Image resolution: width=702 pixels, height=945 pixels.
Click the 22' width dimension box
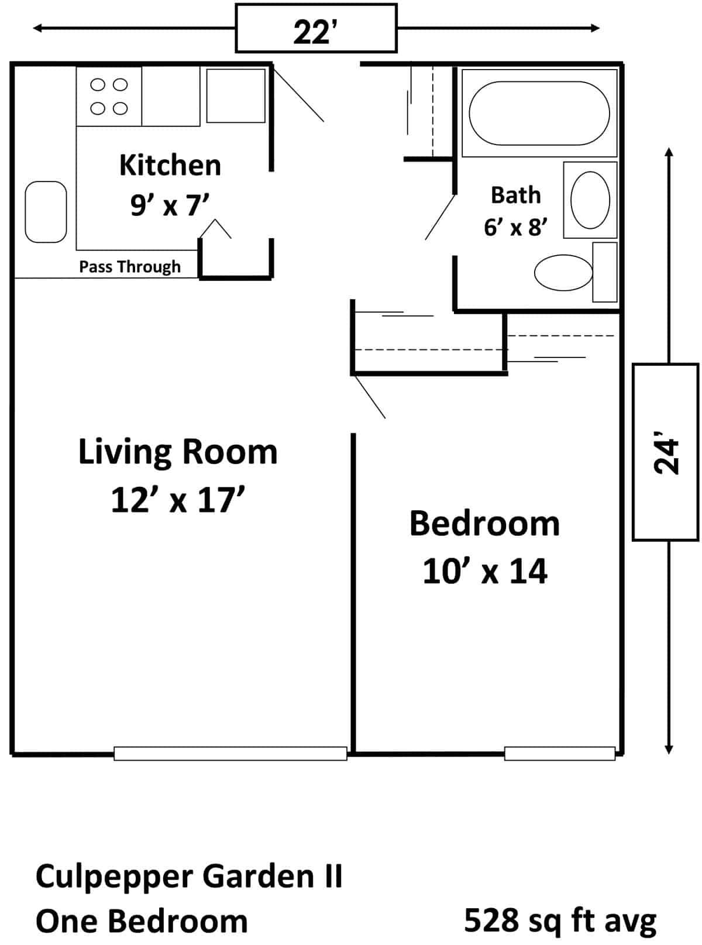[316, 28]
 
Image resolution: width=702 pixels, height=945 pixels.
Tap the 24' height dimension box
[666, 452]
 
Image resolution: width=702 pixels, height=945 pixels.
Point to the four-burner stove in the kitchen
[109, 97]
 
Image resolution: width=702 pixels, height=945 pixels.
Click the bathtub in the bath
[539, 114]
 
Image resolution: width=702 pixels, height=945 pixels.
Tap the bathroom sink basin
[590, 200]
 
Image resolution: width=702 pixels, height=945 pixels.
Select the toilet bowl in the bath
[563, 273]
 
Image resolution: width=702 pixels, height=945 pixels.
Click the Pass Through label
[130, 267]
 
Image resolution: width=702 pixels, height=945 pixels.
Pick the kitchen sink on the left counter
[46, 212]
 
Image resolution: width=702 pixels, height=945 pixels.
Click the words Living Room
[178, 452]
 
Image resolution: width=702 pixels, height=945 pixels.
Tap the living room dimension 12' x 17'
[178, 499]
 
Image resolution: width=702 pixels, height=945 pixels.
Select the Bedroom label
[484, 524]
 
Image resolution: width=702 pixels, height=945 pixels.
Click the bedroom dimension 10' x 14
[485, 571]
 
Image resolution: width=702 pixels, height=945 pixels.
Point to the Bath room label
[516, 195]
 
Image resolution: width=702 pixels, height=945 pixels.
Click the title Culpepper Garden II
[189, 877]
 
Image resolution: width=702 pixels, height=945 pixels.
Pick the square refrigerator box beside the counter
[236, 96]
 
